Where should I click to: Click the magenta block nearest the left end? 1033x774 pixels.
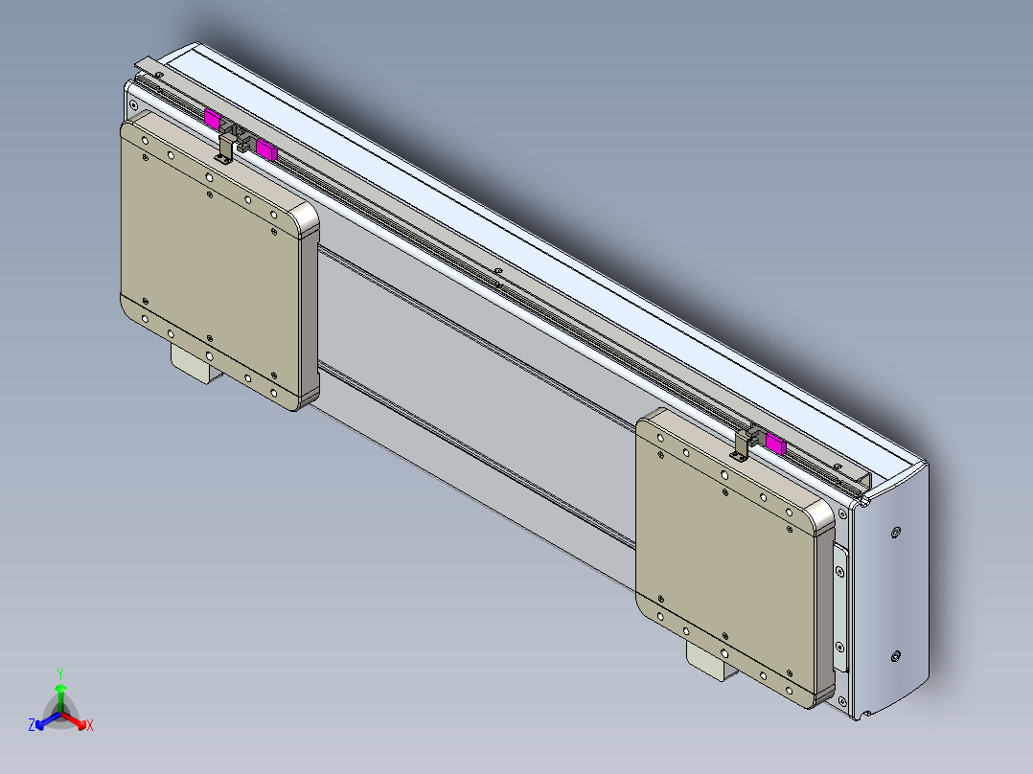(x=213, y=118)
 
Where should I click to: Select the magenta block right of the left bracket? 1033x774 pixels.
(x=265, y=149)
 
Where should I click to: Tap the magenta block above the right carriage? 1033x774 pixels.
(x=774, y=444)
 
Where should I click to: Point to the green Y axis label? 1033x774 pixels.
(x=59, y=673)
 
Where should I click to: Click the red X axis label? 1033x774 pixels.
(x=90, y=726)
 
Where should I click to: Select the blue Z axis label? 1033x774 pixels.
(x=32, y=726)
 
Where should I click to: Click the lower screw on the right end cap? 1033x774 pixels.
(x=895, y=656)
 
